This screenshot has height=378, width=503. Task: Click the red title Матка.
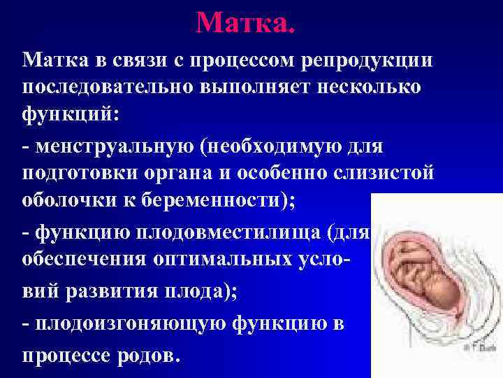(x=246, y=22)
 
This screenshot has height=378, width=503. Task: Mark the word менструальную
(x=112, y=148)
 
